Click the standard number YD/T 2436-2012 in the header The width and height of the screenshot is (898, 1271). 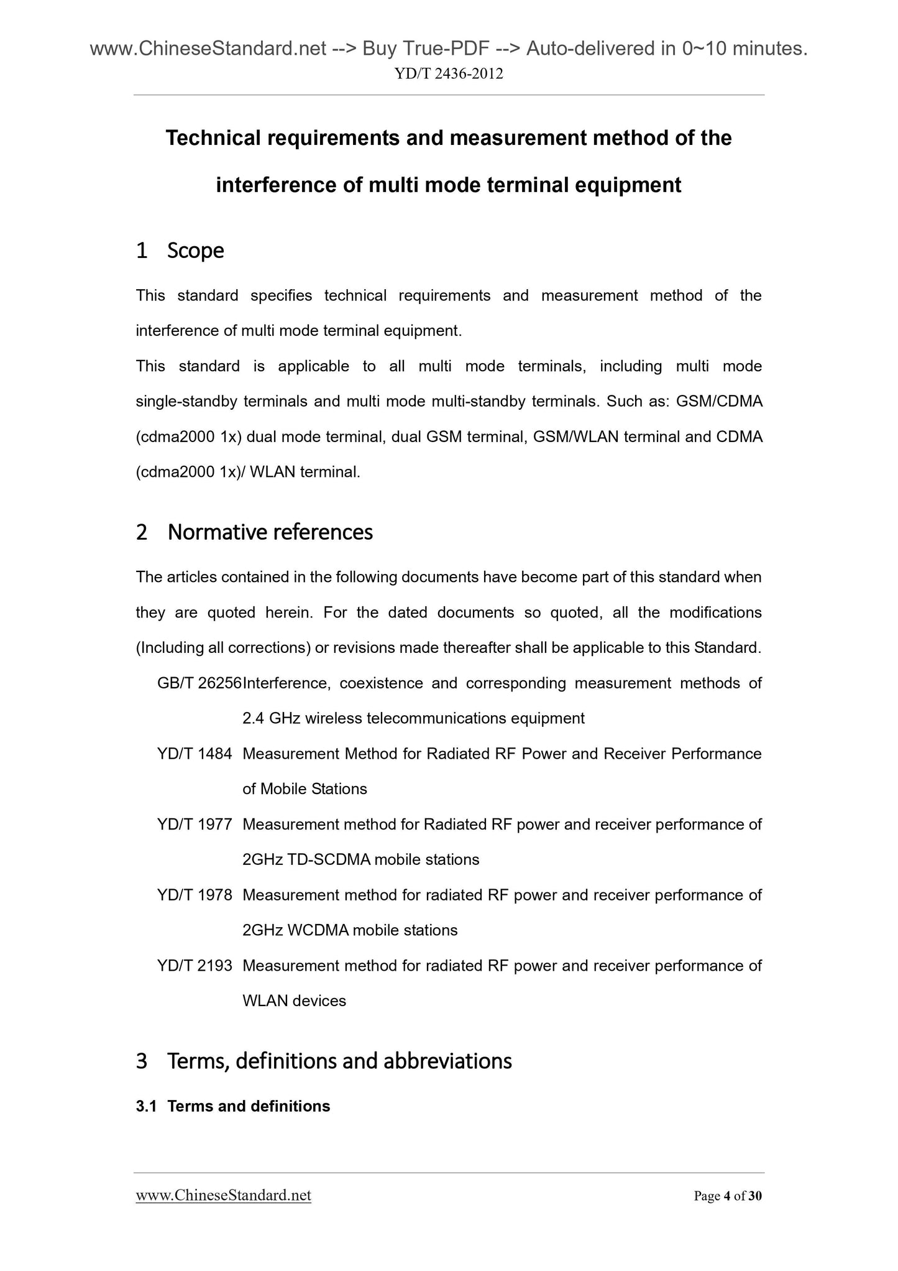449,74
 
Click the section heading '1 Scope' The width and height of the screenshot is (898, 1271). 180,251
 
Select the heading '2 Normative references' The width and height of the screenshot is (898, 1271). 254,532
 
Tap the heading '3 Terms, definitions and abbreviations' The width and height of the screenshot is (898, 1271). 324,1061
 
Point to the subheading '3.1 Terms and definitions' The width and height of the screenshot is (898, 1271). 233,1106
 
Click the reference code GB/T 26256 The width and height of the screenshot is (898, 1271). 199,683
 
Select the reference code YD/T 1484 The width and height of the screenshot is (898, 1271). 195,754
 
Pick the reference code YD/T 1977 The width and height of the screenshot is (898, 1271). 195,825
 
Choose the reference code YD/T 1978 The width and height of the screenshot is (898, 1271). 195,895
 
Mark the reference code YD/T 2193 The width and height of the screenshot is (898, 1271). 195,966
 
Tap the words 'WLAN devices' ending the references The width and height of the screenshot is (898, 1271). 294,1001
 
